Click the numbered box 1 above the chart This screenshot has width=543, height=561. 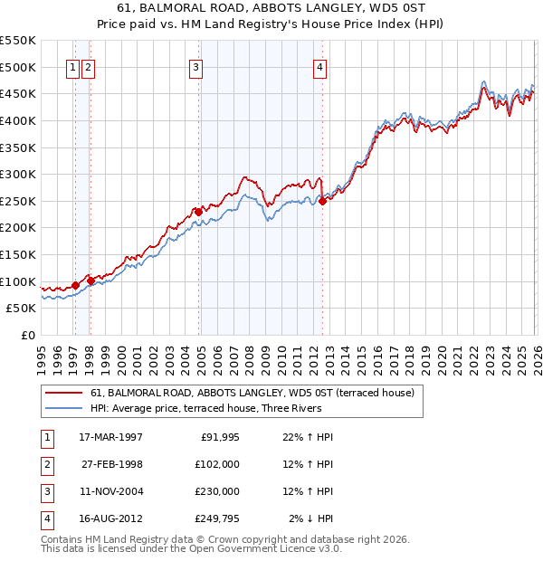tap(72, 66)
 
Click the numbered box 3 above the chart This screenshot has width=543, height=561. tap(195, 66)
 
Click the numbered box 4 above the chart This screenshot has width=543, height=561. tap(320, 66)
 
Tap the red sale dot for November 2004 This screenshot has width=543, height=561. tap(198, 212)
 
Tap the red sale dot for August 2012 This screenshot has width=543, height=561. tap(322, 202)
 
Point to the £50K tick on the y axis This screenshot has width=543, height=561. tap(22, 309)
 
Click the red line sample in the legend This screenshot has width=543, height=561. tap(63, 393)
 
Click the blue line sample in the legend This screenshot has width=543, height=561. tap(63, 408)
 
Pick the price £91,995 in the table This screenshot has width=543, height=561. tap(217, 437)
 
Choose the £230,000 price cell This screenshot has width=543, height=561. tap(217, 491)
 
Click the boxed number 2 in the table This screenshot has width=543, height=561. tap(44, 464)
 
